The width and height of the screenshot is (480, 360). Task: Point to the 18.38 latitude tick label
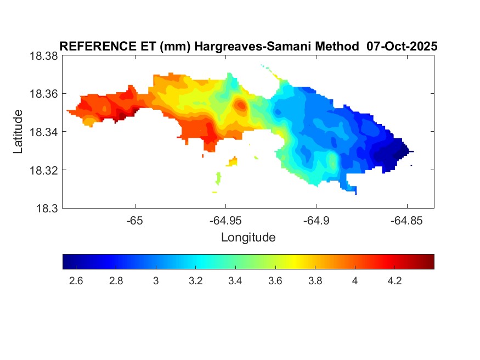[x=43, y=56]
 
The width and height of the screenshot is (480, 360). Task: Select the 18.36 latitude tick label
[x=43, y=94]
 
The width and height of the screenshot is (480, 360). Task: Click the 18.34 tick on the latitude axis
[x=43, y=132]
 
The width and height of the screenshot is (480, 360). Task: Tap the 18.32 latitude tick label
[x=43, y=170]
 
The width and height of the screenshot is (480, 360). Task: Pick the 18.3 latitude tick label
[x=46, y=209]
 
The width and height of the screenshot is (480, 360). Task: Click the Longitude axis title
[x=248, y=238]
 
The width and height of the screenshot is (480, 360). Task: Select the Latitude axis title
[x=18, y=132]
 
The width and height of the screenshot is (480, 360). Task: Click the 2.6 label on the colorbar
[x=76, y=281]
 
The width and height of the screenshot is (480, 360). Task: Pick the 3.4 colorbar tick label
[x=235, y=281]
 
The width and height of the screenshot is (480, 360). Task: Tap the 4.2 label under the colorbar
[x=394, y=281]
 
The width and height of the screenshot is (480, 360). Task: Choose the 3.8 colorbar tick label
[x=315, y=281]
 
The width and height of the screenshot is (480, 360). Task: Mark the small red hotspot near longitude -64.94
[x=240, y=104]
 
